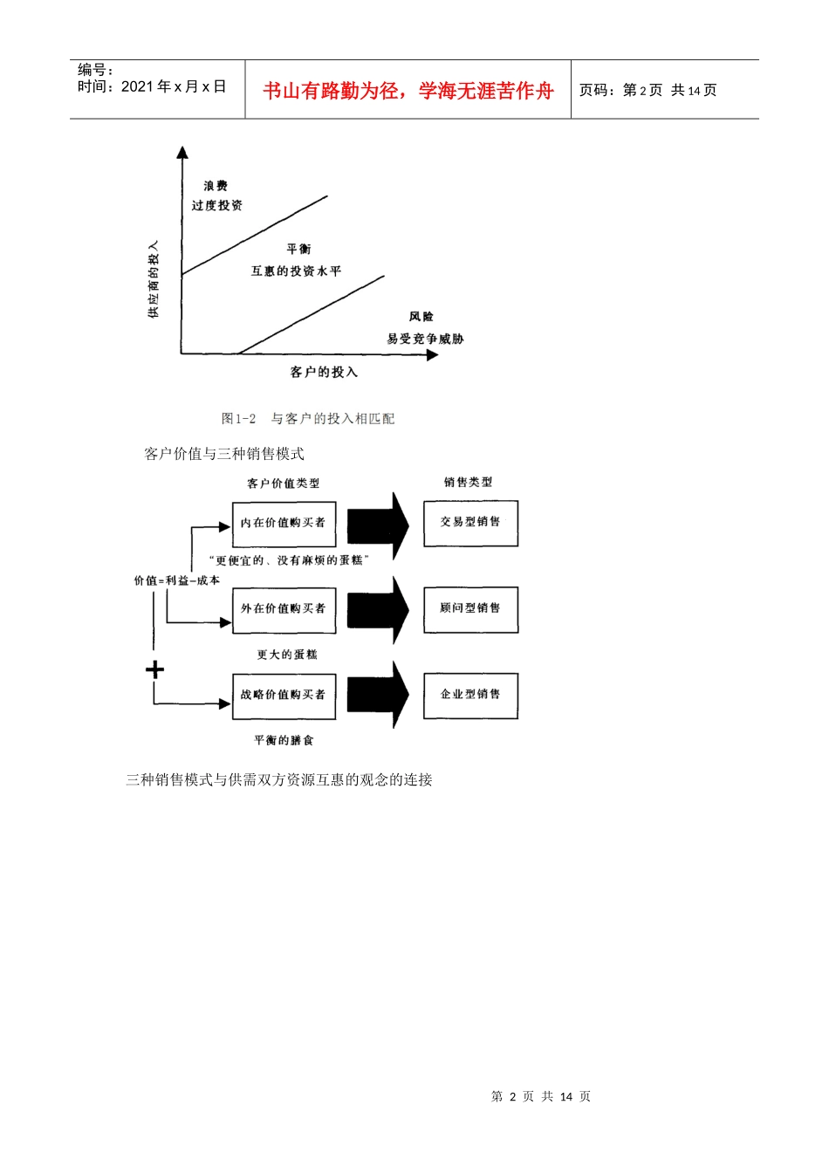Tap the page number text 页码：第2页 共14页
tap(647, 91)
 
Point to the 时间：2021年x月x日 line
tap(152, 86)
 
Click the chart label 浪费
tap(216, 186)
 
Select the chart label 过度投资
tap(217, 206)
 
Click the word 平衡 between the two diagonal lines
tap(298, 250)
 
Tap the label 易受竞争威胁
tap(425, 339)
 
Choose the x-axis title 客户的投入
tap(324, 373)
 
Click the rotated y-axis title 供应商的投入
tap(154, 279)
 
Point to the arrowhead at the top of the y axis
tap(182, 154)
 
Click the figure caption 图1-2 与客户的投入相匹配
tap(308, 419)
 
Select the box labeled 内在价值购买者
tap(284, 524)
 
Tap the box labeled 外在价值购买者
tap(284, 609)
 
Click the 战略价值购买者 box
tap(284, 696)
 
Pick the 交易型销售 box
tap(470, 523)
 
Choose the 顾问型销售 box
tap(470, 608)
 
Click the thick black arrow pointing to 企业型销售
tap(378, 695)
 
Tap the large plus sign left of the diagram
tap(154, 669)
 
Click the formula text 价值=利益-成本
tap(176, 580)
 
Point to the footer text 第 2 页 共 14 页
tap(541, 1096)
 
